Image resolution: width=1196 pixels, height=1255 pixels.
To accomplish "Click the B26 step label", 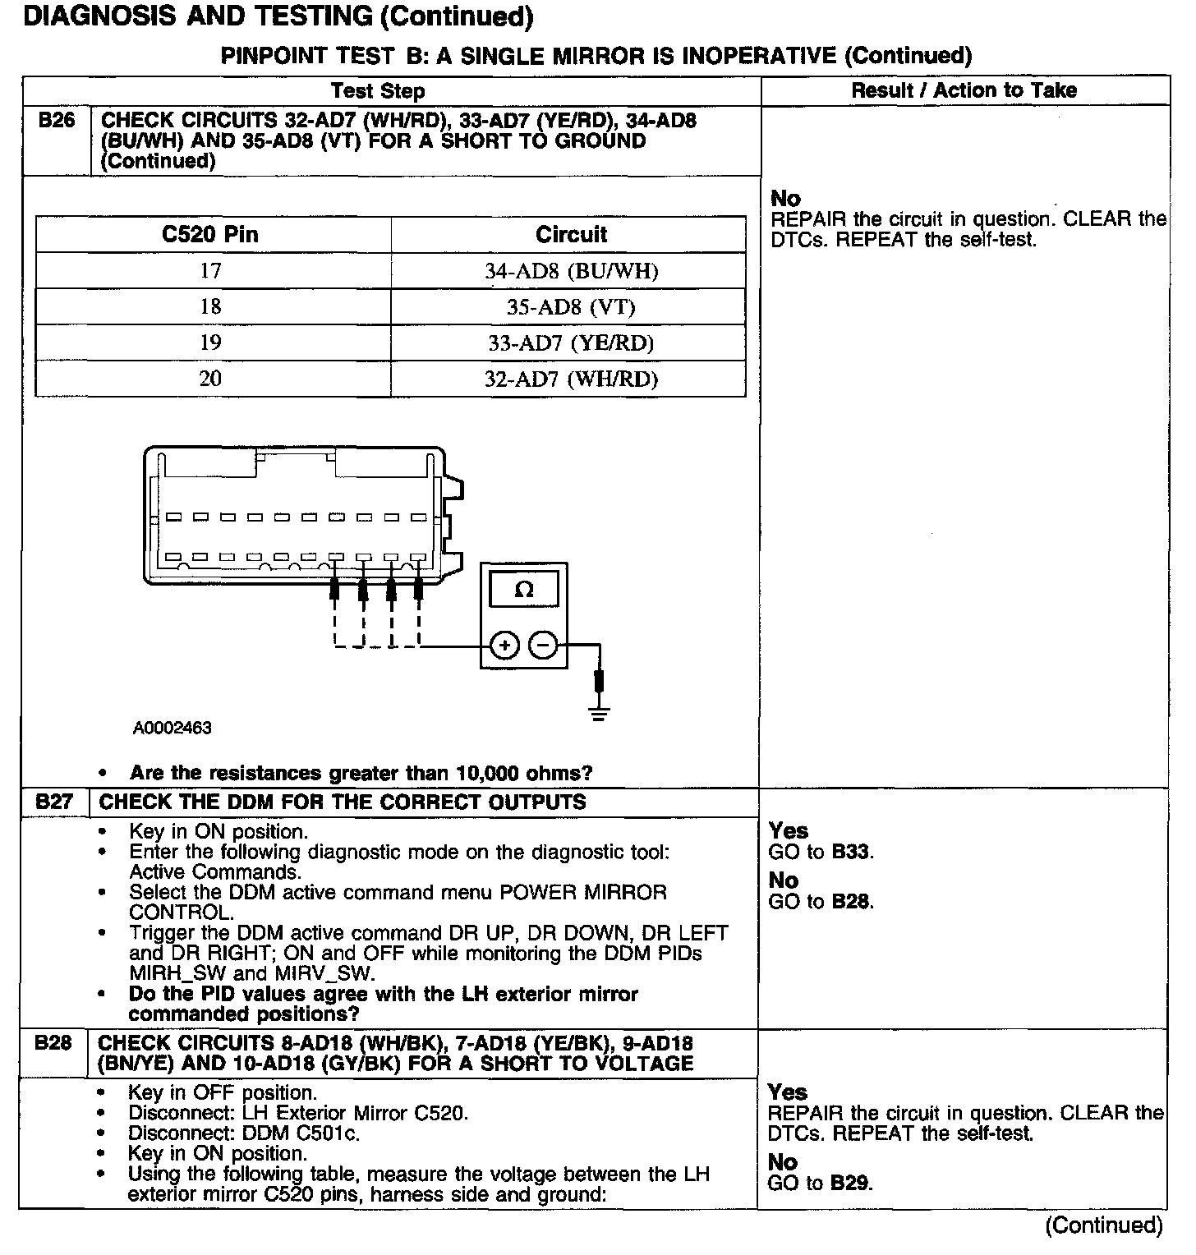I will [x=56, y=121].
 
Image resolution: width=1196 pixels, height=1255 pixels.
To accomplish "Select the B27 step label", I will [x=54, y=802].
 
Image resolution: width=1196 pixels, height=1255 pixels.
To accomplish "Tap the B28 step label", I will [x=53, y=1043].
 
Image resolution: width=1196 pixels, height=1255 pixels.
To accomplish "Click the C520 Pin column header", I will [x=210, y=235].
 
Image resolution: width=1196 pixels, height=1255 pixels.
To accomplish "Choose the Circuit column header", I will [x=571, y=235].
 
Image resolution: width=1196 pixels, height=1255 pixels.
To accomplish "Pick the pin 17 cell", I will [x=210, y=271].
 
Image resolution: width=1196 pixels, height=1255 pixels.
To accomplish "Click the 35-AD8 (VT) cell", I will [x=571, y=307].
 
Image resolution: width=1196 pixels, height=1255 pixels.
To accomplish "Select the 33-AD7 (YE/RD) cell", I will [x=571, y=342].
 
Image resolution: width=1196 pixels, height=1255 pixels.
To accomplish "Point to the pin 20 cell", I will [x=210, y=379].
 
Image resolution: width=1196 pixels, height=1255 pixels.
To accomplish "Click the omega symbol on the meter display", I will [x=523, y=590].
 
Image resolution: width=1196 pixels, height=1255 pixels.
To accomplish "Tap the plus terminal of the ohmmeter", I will [x=504, y=646].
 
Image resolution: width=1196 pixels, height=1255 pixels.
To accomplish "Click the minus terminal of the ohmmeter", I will [x=542, y=646].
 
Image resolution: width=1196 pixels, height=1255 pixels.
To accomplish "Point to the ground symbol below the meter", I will [x=600, y=713].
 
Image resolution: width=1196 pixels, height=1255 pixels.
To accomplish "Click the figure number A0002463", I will [x=172, y=728].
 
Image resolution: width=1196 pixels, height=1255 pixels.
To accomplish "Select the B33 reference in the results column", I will [x=851, y=852].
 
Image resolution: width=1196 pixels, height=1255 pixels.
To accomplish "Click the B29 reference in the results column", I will [x=850, y=1184].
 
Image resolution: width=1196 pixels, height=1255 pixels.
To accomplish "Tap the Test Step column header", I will [x=378, y=90].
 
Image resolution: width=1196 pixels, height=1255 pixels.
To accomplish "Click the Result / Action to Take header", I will [x=964, y=90].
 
